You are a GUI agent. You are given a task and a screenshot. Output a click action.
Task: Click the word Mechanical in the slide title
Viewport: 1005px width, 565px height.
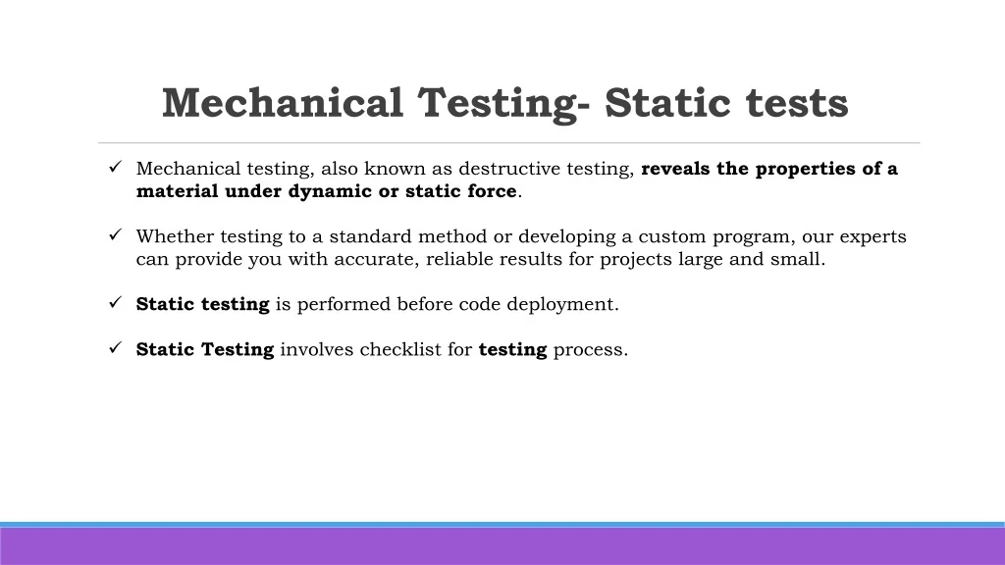pyautogui.click(x=283, y=102)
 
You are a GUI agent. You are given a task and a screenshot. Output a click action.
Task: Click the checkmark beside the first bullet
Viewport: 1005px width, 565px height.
pyautogui.click(x=116, y=167)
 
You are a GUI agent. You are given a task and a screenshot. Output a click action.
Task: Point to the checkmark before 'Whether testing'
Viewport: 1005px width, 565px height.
pyautogui.click(x=116, y=235)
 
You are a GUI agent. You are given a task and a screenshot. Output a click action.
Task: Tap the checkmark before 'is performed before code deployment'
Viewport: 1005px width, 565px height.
pyautogui.click(x=116, y=302)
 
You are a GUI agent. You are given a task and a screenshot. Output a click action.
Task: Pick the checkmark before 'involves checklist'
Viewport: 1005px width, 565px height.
pyautogui.click(x=116, y=348)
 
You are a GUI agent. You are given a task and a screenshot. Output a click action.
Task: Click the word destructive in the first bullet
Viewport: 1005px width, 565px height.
pyautogui.click(x=509, y=169)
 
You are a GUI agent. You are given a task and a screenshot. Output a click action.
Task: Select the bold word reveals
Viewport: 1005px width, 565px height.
pyautogui.click(x=675, y=169)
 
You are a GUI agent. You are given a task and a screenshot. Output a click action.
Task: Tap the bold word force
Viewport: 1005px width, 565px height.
pyautogui.click(x=493, y=191)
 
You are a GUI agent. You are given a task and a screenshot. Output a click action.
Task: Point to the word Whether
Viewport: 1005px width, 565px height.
pyautogui.click(x=175, y=236)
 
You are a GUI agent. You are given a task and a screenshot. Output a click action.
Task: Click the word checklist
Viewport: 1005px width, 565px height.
pyautogui.click(x=400, y=349)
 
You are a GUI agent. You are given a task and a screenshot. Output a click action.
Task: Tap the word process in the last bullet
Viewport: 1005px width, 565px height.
pyautogui.click(x=590, y=350)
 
